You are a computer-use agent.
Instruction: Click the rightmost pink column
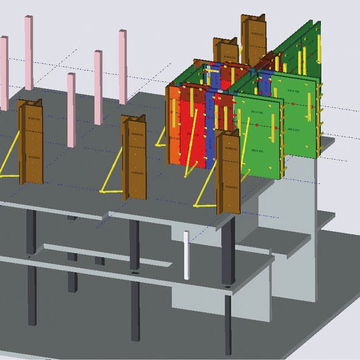coord(123,66)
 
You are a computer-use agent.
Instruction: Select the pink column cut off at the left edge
coord(3,72)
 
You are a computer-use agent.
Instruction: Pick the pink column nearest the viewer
coord(71,110)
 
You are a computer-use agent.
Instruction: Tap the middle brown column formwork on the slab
coord(133,157)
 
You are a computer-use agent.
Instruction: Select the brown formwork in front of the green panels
coord(227,173)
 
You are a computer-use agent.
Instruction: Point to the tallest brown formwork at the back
coord(253,41)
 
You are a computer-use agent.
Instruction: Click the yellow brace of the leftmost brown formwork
coord(8,162)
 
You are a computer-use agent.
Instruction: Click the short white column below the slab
coord(187,256)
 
